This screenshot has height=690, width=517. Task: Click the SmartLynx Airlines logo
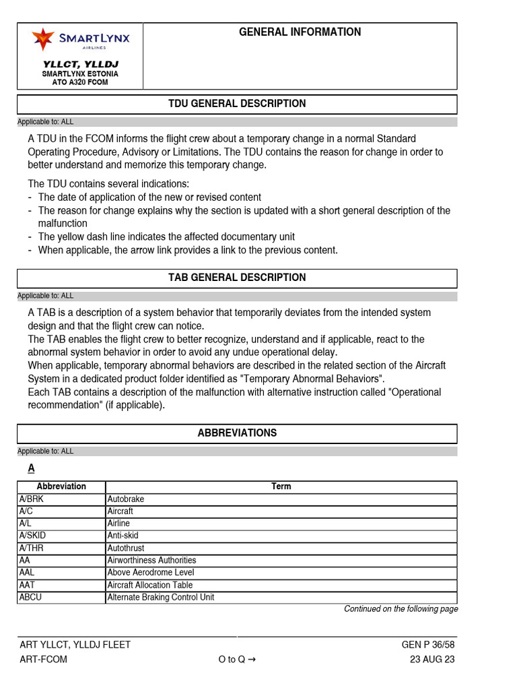point(80,40)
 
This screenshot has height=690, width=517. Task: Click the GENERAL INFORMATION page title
point(300,32)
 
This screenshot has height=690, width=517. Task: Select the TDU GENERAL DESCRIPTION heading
point(237,104)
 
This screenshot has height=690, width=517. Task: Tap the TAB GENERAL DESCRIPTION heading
point(237,278)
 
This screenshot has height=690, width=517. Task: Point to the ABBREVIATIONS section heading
point(237,433)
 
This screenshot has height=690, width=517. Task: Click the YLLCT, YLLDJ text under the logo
point(80,64)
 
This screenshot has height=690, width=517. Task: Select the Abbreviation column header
point(61,487)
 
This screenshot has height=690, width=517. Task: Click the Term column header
point(281,487)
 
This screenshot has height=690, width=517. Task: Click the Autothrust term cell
point(126,548)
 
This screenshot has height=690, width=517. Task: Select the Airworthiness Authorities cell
point(151,560)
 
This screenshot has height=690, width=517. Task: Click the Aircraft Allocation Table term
point(149,585)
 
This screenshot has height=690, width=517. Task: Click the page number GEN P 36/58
point(427,645)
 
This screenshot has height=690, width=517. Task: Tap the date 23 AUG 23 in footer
point(432,660)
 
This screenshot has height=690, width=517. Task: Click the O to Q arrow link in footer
point(236,660)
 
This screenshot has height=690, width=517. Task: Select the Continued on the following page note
point(401,609)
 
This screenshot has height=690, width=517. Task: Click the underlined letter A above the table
point(31,468)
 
